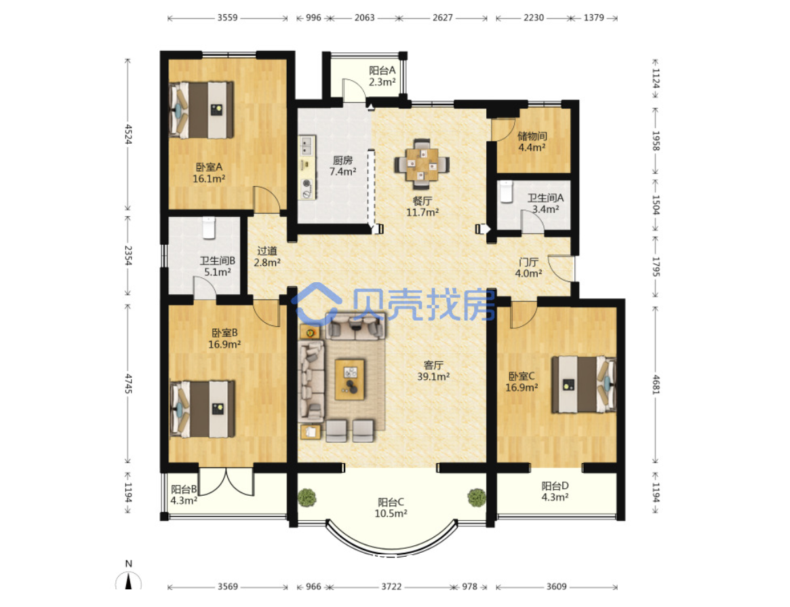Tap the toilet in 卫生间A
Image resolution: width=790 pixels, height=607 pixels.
(x=506, y=191)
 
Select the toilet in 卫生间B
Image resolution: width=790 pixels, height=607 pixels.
(x=209, y=228)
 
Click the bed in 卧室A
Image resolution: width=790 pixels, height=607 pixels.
(x=201, y=110)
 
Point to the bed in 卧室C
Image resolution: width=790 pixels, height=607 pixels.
(x=583, y=385)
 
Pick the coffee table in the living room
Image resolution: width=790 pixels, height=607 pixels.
(x=350, y=379)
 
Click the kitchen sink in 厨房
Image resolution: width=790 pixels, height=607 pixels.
(x=307, y=146)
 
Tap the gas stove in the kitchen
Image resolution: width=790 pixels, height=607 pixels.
(x=307, y=188)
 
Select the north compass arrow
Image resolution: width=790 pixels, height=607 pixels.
(x=128, y=581)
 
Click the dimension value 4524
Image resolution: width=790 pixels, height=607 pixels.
(x=128, y=134)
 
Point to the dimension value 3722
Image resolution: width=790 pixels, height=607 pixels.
(x=391, y=587)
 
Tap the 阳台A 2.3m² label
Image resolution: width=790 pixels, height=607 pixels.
(x=382, y=76)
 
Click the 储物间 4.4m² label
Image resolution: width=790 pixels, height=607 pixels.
(x=532, y=142)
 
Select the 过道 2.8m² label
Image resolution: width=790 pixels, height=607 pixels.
(x=267, y=256)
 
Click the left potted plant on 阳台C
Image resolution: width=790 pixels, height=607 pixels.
(x=307, y=498)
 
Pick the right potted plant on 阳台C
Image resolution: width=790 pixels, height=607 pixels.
(x=477, y=497)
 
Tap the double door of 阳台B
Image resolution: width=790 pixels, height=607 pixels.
(x=226, y=483)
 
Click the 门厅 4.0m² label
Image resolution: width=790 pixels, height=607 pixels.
(x=528, y=267)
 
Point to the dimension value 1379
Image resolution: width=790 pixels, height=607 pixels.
(x=593, y=18)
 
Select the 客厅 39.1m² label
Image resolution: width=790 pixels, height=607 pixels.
(x=433, y=370)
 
